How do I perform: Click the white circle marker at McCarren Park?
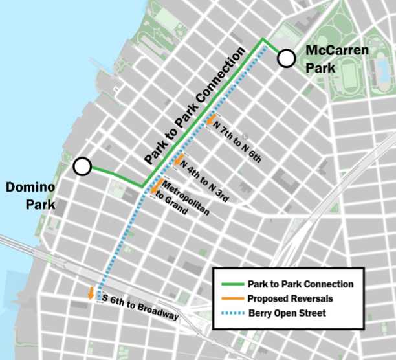pos(287,60)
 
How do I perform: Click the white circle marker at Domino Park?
pos(82,167)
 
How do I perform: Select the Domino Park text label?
pos(29,196)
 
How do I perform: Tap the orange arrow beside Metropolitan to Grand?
pos(156,186)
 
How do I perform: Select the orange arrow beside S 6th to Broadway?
pos(91,293)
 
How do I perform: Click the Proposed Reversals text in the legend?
pos(290,299)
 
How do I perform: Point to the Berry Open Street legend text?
pos(289,314)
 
